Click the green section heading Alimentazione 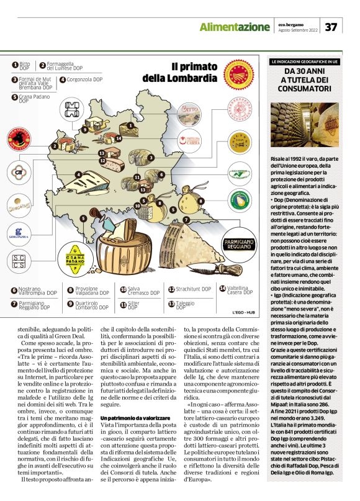[x=234, y=27]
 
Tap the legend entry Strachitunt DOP [x=186, y=289]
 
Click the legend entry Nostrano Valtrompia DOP [x=29, y=290]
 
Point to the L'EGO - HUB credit [x=245, y=312]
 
